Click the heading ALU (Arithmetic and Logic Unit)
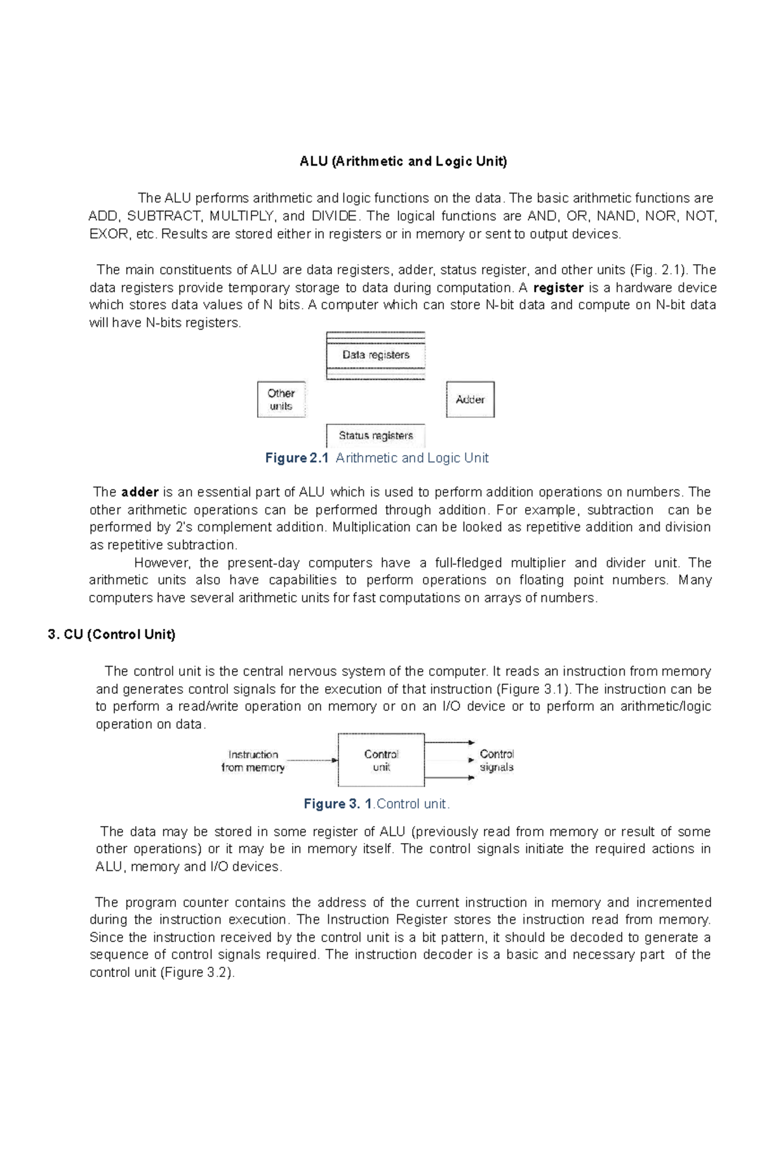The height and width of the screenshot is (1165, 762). click(403, 161)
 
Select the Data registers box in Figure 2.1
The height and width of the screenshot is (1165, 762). click(375, 355)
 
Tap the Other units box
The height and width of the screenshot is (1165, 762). click(281, 399)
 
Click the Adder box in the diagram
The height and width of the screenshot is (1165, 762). click(470, 399)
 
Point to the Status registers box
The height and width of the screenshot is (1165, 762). click(375, 436)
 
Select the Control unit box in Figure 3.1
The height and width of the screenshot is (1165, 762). click(381, 760)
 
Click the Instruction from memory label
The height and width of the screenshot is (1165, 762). click(253, 761)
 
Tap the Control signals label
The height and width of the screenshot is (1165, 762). click(497, 761)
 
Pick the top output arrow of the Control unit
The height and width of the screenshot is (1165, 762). click(449, 742)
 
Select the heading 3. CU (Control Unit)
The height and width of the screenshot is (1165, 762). click(112, 634)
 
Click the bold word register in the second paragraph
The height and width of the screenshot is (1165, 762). click(558, 288)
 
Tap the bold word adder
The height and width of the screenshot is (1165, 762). click(140, 492)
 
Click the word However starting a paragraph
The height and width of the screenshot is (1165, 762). click(163, 563)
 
